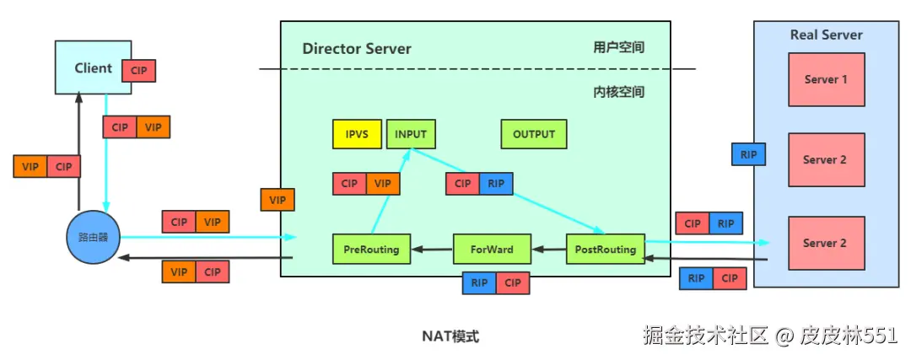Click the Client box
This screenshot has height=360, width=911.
[x=93, y=67]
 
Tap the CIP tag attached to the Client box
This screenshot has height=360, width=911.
[x=139, y=71]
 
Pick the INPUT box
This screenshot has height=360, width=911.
[x=411, y=134]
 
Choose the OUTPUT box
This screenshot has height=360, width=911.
[x=534, y=134]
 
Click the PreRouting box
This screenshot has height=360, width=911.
[x=371, y=250]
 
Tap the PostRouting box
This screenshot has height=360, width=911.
[x=605, y=250]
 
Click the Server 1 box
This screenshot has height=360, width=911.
[x=826, y=79]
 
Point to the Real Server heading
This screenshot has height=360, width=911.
[x=826, y=35]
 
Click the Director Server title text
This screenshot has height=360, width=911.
[x=357, y=48]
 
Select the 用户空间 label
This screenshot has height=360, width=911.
[x=618, y=47]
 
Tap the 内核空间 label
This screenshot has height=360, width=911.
[x=618, y=91]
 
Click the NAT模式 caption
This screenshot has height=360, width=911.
[x=450, y=336]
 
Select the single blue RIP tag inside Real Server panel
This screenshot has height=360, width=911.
[x=748, y=154]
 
